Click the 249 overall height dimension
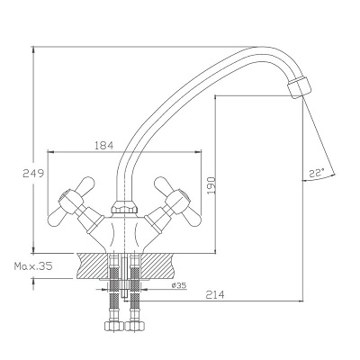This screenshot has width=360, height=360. click(33, 174)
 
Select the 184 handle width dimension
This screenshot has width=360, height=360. click(104, 146)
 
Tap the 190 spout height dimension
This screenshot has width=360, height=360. click(211, 184)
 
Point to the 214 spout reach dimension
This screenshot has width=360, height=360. click(215, 295)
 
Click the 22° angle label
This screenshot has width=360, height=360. click(317, 173)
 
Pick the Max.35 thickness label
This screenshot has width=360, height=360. click(33, 266)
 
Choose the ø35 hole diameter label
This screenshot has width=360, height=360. click(179, 285)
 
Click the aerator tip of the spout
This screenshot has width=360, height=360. click(299, 87)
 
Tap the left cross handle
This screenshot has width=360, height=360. click(72, 201)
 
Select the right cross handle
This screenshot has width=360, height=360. click(177, 201)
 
